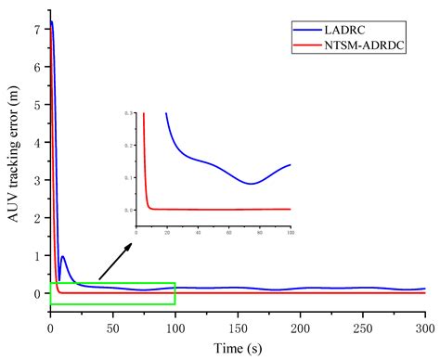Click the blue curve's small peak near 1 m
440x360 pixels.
(x=62, y=257)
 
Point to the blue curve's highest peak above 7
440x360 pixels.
(x=52, y=21)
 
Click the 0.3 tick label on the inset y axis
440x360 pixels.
(x=128, y=113)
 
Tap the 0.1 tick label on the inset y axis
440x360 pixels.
(x=128, y=177)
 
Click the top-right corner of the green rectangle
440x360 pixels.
(x=175, y=283)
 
